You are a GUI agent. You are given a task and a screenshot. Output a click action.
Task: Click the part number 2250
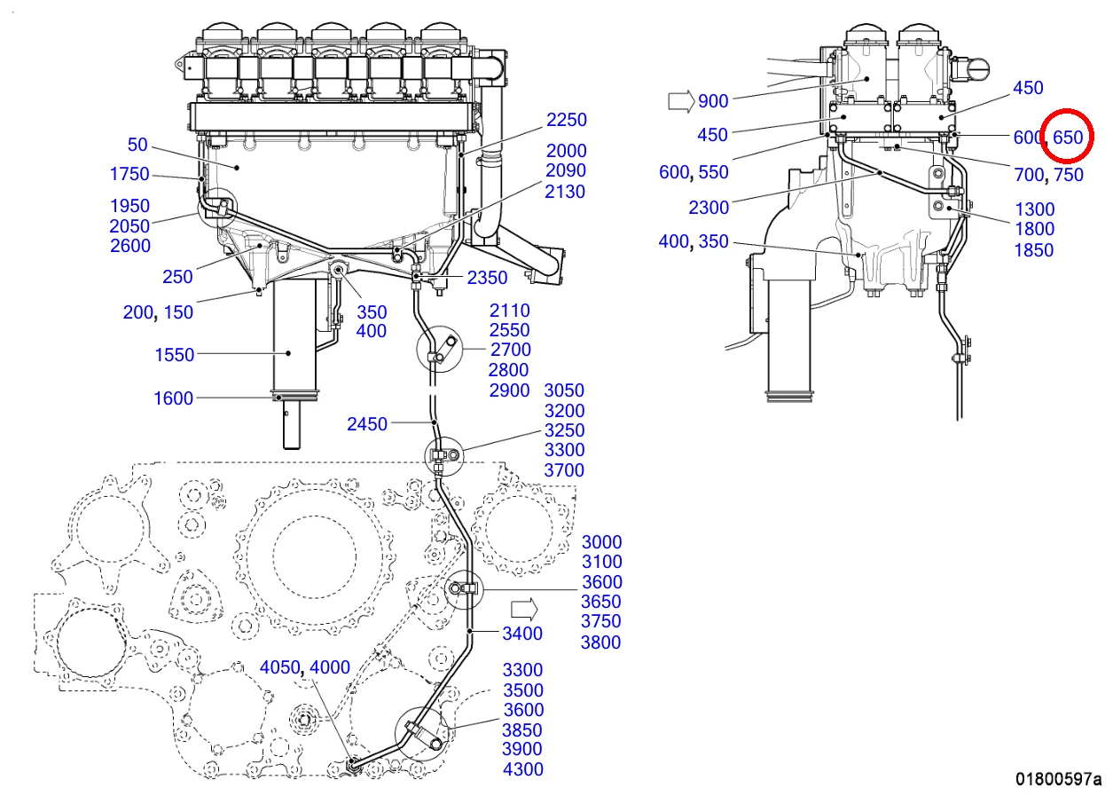click(566, 120)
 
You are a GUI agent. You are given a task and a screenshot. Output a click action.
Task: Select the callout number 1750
click(129, 174)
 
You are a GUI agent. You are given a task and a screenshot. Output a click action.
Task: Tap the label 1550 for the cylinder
click(174, 355)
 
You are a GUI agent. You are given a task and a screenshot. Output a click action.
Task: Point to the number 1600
click(173, 398)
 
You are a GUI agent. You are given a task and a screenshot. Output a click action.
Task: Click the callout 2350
click(488, 278)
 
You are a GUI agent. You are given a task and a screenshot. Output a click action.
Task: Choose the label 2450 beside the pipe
click(367, 424)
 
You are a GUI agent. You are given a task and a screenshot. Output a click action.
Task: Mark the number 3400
click(522, 633)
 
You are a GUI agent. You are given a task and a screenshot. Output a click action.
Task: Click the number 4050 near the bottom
click(279, 667)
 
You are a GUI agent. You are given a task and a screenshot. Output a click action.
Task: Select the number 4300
click(523, 769)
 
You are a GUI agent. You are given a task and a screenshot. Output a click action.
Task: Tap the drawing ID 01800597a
click(1058, 780)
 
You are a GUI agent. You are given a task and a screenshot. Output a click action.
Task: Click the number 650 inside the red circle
click(1068, 138)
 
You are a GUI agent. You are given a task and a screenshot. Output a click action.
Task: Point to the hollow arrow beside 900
click(680, 100)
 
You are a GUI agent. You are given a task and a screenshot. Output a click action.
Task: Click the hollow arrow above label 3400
click(525, 608)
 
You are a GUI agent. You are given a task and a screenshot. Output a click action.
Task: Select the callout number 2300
click(709, 208)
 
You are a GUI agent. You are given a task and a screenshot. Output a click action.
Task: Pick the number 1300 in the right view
click(1034, 209)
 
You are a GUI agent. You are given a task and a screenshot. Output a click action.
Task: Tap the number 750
click(1069, 175)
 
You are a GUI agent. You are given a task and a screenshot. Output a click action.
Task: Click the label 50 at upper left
click(137, 145)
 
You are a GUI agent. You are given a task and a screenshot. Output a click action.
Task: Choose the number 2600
click(130, 246)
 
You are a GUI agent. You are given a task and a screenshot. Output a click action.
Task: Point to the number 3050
click(564, 390)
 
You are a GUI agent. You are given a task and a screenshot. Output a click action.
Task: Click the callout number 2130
click(566, 192)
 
